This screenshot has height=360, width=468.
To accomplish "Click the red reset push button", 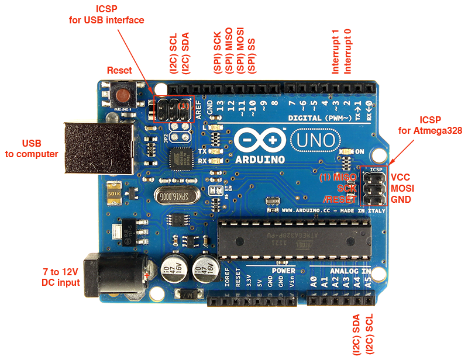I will coord(123,94).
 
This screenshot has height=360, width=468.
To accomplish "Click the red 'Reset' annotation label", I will coord(119,70).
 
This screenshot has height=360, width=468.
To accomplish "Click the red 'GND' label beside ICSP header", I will coord(401,200).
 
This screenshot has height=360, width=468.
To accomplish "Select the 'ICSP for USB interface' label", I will coord(106,15).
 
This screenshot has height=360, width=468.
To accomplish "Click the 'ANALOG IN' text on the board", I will coord(350,272).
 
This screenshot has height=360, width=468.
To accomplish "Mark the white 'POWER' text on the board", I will coord(283,271).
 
